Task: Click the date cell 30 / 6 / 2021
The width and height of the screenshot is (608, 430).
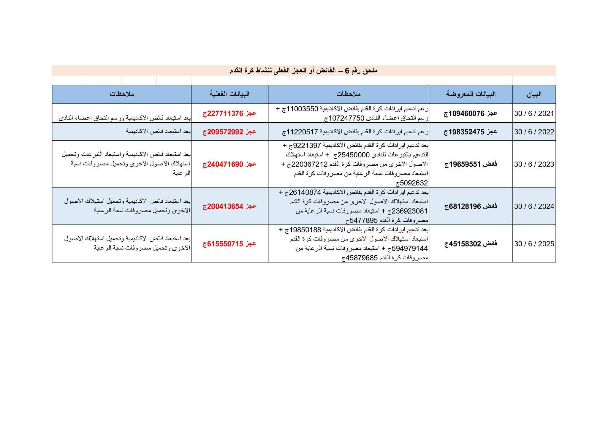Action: tap(534, 113)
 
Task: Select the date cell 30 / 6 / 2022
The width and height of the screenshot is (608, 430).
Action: tap(534, 132)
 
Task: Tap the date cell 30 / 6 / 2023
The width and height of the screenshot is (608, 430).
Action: tap(534, 164)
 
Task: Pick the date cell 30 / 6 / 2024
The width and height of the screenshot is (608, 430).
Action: tap(534, 206)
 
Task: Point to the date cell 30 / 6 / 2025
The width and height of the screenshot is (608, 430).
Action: tap(534, 244)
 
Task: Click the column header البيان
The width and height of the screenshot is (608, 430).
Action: tap(534, 94)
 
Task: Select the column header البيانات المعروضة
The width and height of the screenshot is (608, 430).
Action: tap(471, 94)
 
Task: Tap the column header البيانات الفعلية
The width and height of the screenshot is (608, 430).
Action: tap(229, 94)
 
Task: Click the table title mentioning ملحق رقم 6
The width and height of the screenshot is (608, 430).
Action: tap(303, 71)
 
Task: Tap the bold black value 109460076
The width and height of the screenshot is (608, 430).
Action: tap(466, 113)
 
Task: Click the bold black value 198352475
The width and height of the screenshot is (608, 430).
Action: tap(466, 132)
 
